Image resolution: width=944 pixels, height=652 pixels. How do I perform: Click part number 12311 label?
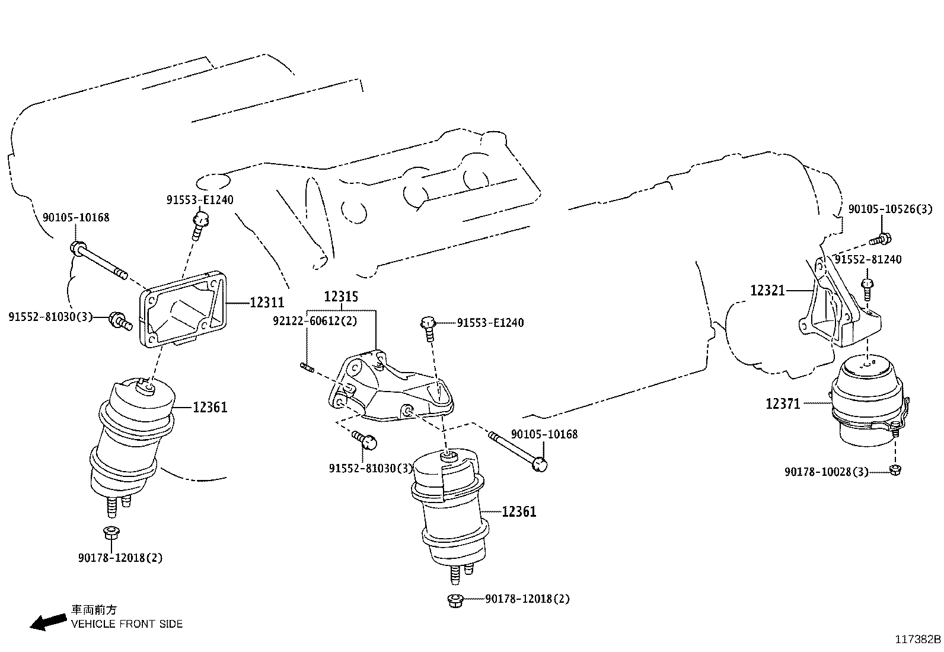[x=266, y=303]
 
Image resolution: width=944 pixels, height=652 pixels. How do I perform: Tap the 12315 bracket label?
[x=341, y=297]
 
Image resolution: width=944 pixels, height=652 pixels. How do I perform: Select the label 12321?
[x=767, y=291]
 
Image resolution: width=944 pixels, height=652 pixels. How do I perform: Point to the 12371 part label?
[x=783, y=404]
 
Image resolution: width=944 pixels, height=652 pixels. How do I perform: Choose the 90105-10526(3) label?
[x=890, y=209]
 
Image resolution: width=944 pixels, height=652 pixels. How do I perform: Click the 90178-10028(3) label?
[x=826, y=472]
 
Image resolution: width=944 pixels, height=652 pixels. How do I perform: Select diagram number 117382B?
[x=918, y=640]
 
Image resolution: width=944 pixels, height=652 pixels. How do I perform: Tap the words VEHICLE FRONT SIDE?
[x=127, y=624]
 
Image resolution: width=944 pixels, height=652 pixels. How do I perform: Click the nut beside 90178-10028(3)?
[x=896, y=470]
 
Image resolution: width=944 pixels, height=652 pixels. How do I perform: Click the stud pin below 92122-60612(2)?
[x=307, y=368]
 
